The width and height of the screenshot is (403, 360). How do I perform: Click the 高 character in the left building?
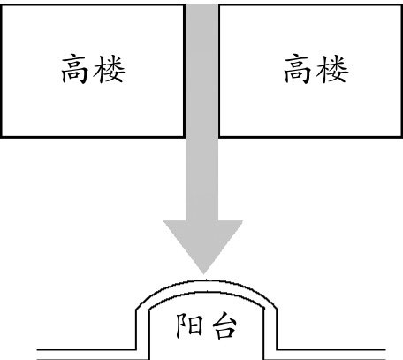point(74,70)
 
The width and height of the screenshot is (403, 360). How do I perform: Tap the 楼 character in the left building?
point(110,70)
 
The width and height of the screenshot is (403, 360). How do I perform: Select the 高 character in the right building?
point(297,70)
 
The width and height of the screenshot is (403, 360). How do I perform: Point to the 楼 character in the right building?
point(332,70)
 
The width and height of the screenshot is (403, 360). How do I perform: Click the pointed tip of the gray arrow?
point(203,274)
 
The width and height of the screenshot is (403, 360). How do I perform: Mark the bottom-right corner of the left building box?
point(185,137)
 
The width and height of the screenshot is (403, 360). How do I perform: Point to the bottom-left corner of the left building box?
point(2,137)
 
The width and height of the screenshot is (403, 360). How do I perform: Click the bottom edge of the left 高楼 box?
point(93,137)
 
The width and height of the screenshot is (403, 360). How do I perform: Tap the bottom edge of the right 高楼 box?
point(311,137)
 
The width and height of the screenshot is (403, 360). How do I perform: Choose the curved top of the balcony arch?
point(206,281)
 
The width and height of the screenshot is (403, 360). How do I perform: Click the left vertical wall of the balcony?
point(136,330)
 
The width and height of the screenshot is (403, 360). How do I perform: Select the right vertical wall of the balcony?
point(277,330)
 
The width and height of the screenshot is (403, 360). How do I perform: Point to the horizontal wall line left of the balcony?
point(87,350)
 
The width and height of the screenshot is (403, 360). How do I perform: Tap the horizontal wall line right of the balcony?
point(331,350)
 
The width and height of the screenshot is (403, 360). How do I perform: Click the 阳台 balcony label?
point(206,326)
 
